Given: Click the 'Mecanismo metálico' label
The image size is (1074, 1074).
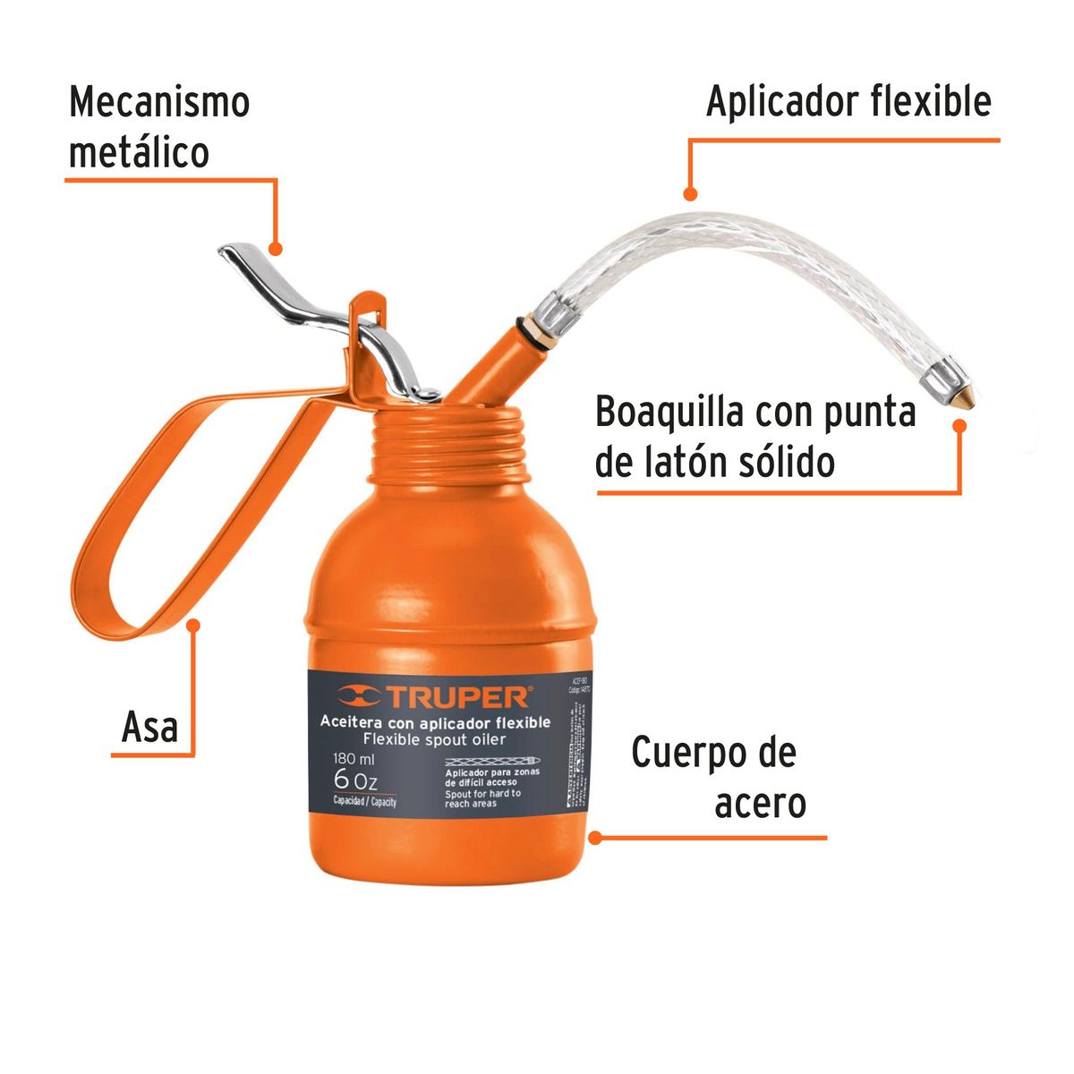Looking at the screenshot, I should [159, 127].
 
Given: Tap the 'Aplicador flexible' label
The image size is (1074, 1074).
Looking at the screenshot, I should [848, 102].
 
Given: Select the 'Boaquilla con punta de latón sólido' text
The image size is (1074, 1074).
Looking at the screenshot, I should [756, 438].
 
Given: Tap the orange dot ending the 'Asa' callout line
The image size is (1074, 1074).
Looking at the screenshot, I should [192, 626].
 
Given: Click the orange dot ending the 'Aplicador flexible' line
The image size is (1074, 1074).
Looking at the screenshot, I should [689, 193].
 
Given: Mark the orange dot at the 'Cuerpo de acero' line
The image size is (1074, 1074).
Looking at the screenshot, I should [595, 839].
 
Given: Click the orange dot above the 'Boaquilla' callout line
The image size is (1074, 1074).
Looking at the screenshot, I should [959, 426].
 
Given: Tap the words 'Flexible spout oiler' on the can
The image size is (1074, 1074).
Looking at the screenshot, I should [435, 739].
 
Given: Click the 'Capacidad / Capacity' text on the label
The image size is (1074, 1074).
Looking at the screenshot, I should [364, 801].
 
